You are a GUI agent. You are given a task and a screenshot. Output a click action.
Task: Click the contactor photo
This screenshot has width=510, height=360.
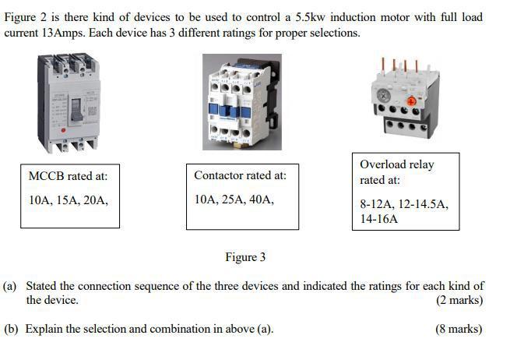coord(241,101)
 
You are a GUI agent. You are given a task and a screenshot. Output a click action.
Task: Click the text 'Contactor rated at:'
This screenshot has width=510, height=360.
coord(240,175)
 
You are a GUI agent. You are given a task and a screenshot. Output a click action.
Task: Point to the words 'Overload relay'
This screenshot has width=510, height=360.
coord(397,164)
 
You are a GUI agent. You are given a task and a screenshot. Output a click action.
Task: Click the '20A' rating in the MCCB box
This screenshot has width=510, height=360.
coord(96,200)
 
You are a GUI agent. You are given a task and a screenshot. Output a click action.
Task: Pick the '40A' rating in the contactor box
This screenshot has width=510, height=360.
coord(261,200)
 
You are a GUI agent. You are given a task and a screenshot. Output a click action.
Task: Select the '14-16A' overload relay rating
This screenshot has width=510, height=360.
coord(378,220)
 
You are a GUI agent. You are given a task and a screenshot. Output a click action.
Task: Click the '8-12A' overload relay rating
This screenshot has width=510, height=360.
coord(376,204)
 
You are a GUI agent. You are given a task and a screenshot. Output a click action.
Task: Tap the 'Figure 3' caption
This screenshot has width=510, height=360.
coord(245,257)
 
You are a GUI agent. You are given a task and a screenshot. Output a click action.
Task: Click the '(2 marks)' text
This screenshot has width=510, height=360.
coord(459,300)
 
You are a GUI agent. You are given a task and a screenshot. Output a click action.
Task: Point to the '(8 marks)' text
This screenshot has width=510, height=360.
coord(459,329)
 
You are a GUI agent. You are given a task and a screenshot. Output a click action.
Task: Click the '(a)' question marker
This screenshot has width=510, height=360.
coord(11,286)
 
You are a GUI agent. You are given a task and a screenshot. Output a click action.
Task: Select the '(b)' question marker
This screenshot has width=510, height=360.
coord(11,329)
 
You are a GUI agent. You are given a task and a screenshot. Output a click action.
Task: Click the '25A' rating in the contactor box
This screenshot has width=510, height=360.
coord(233,200)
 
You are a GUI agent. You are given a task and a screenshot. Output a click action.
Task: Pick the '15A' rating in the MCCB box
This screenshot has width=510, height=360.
coord(68,200)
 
